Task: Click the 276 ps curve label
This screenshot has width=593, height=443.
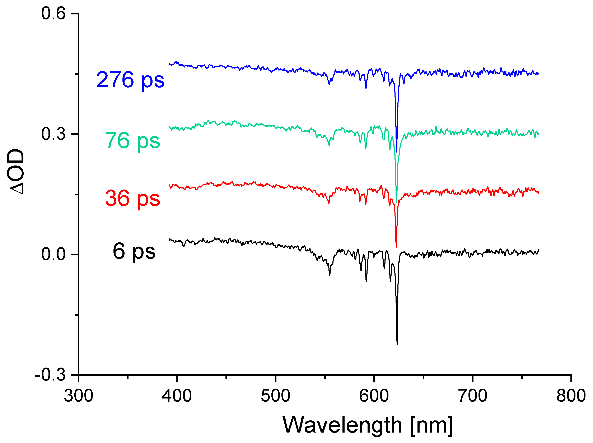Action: (130, 80)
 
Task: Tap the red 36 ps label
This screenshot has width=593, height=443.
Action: (133, 199)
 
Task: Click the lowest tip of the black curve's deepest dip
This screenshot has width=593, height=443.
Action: (397, 344)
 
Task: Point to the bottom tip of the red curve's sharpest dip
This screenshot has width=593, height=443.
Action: (396, 246)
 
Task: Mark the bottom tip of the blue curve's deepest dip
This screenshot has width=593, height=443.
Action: (397, 151)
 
